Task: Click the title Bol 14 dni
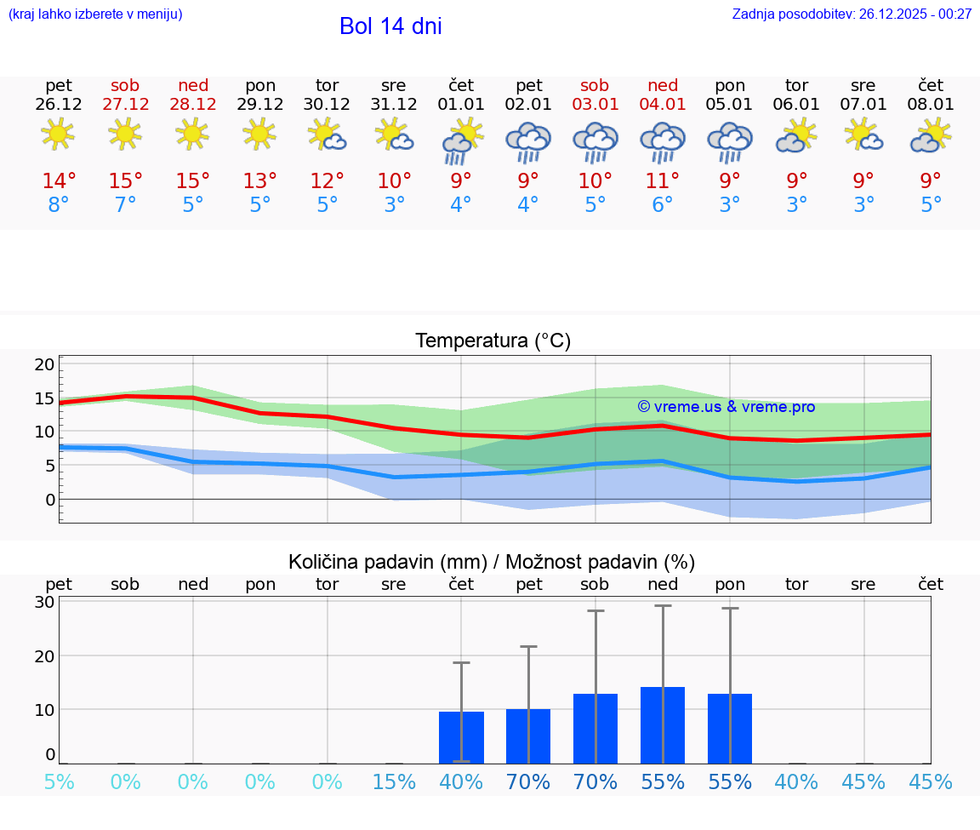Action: click(x=390, y=26)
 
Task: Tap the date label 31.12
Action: click(x=394, y=105)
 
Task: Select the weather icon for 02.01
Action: click(x=528, y=142)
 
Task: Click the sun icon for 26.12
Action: click(x=58, y=134)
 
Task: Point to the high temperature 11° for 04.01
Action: click(x=663, y=181)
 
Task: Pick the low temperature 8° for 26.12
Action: click(x=59, y=205)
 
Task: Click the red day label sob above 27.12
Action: click(x=125, y=86)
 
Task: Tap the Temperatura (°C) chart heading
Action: click(x=493, y=341)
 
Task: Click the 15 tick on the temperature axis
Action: click(x=44, y=398)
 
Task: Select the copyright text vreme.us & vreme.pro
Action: click(x=726, y=407)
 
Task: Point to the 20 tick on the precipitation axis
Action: click(x=44, y=655)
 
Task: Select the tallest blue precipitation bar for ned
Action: click(x=663, y=725)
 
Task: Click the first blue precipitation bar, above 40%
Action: click(x=461, y=737)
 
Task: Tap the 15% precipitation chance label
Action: click(x=394, y=782)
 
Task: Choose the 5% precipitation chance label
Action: click(x=59, y=782)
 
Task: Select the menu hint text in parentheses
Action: click(x=95, y=14)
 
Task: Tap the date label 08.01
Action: click(x=931, y=105)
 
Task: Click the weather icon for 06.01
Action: click(x=796, y=135)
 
